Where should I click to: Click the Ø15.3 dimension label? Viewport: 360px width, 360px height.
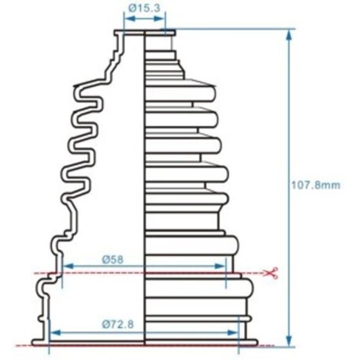click(x=143, y=8)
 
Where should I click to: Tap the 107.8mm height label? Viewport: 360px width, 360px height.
click(x=316, y=185)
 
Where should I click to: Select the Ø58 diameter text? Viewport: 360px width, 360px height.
click(x=113, y=259)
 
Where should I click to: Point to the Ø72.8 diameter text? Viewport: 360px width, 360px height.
click(x=117, y=325)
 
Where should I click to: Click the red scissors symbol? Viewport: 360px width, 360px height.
click(x=272, y=273)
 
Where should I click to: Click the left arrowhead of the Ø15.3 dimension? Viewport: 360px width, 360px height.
click(x=127, y=18)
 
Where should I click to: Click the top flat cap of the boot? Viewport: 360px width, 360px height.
click(x=144, y=32)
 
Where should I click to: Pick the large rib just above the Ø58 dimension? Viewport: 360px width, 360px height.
click(x=191, y=245)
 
